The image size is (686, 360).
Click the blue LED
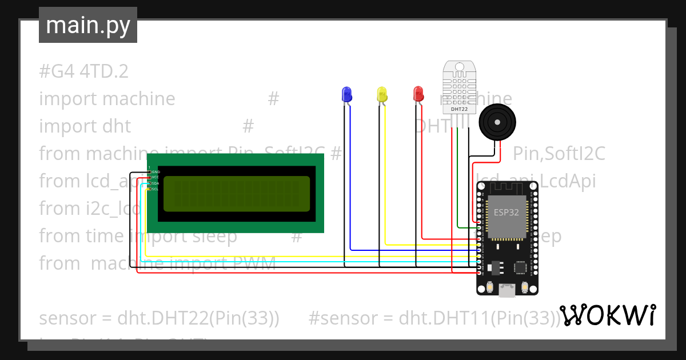click(346, 94)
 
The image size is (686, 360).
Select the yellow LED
click(382, 94)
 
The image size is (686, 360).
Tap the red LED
click(418, 94)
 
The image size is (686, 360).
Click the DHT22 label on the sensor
click(460, 109)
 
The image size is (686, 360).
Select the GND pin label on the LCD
click(155, 171)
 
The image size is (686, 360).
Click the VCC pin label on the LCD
click(155, 177)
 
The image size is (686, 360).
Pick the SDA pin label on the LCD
click(155, 183)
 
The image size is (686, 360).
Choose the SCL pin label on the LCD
click(155, 189)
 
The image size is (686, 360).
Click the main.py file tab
click(88, 25)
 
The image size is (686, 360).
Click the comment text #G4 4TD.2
click(83, 71)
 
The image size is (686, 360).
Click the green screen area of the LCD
click(237, 194)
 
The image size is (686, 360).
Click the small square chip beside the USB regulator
click(520, 267)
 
